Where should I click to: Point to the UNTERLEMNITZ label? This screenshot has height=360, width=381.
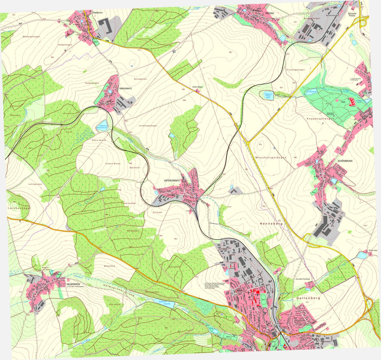pos(172,180)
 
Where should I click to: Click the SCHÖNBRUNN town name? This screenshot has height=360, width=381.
pos(345,161)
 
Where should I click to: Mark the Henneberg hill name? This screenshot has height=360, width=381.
pos(271,224)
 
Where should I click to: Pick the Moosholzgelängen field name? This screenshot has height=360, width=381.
pos(271,158)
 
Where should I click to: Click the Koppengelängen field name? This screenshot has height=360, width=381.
pos(320,119)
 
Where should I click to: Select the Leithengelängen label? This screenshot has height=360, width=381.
pos(148,126)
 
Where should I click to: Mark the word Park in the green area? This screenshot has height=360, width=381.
pos(343,103)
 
